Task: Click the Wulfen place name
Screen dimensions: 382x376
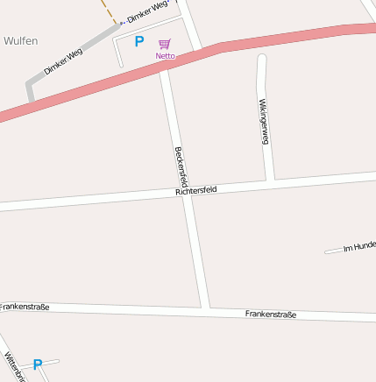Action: tap(20, 40)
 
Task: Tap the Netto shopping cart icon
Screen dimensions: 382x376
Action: tap(165, 44)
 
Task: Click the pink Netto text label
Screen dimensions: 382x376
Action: tap(165, 55)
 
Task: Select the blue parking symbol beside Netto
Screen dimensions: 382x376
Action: tap(138, 40)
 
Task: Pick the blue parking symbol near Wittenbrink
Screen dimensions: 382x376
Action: tap(38, 364)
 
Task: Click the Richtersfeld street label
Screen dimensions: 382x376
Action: tap(195, 189)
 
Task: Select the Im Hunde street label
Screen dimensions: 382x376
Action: tap(359, 246)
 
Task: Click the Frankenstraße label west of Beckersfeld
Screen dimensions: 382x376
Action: tap(24, 307)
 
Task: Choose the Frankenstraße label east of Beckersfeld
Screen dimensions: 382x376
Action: tap(271, 314)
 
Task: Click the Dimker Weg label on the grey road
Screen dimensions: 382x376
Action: tap(62, 60)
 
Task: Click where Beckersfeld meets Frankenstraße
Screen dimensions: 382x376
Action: tap(206, 308)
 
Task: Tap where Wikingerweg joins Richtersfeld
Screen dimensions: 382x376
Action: tap(271, 180)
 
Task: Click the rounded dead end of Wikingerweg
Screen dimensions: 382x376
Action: tap(260, 60)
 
